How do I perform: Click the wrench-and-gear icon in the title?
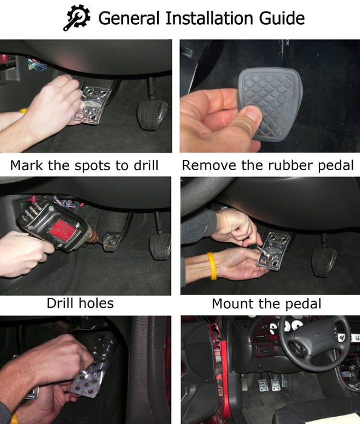point(77,18)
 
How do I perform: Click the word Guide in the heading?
point(282,18)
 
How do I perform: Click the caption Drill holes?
point(80,303)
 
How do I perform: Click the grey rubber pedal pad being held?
point(270,104)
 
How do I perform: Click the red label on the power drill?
point(62,230)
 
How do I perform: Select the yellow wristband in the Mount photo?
point(212,266)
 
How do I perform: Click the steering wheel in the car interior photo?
point(315,340)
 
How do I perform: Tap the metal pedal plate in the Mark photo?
point(93,105)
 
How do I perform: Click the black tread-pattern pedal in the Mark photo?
point(152,115)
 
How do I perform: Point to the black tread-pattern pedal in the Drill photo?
point(160,247)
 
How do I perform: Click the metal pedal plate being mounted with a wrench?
point(273,251)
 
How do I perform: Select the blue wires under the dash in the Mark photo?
point(37,65)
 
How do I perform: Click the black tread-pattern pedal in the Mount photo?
point(324,262)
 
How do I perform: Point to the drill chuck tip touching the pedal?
point(95,237)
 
